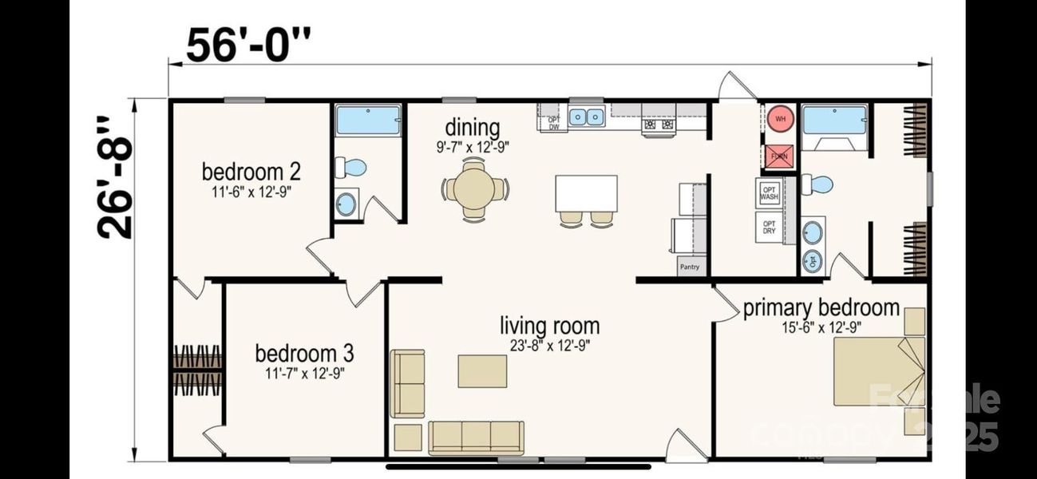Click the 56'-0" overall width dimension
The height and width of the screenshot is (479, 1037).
(247, 45)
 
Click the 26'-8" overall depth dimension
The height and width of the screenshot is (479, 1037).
(115, 177)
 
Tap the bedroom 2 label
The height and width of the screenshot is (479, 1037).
(251, 172)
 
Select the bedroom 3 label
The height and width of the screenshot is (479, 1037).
(304, 353)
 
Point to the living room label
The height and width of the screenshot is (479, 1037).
(549, 326)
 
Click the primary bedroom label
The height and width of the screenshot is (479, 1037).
(821, 308)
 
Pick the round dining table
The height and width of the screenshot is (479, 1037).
(474, 189)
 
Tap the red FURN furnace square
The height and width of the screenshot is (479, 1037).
(779, 156)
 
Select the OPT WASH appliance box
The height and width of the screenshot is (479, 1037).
(768, 192)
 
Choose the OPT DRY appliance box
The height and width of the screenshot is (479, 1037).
(769, 227)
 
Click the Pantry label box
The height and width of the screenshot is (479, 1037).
(691, 267)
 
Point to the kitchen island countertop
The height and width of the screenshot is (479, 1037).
(586, 192)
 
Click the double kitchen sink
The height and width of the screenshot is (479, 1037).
(587, 117)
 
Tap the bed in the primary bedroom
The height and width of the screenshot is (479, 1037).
(878, 371)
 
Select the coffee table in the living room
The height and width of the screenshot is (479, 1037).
(482, 371)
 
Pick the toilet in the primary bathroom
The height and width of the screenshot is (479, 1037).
(818, 184)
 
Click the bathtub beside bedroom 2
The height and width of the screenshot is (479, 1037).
(368, 120)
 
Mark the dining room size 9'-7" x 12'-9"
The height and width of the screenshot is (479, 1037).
(473, 146)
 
